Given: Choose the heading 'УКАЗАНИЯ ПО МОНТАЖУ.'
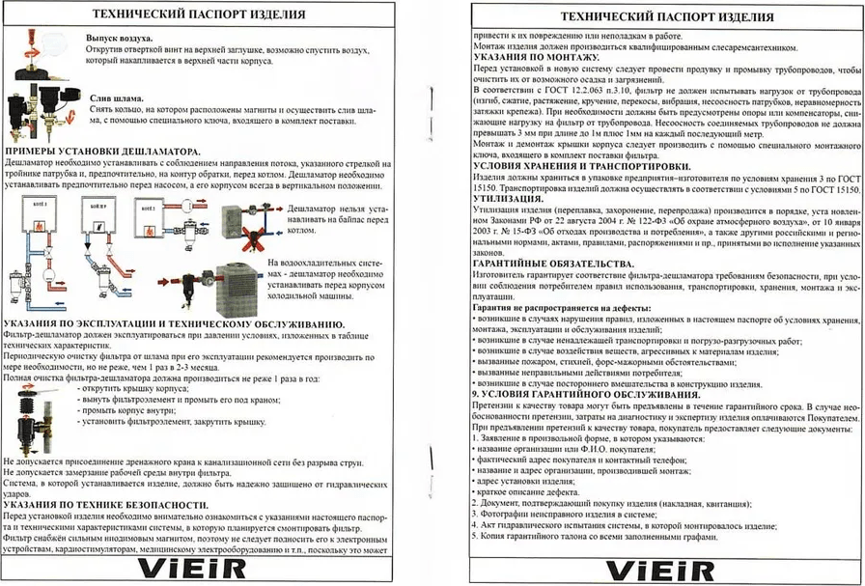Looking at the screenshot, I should [x=530, y=58].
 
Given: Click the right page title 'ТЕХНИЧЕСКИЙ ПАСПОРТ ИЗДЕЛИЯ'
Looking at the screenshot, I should [x=666, y=17].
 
